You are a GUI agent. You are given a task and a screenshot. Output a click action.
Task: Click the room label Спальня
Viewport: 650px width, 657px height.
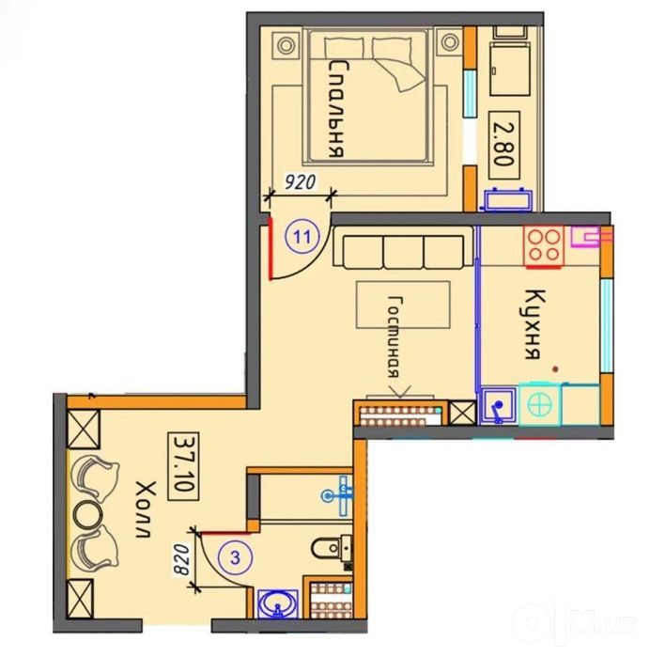338,109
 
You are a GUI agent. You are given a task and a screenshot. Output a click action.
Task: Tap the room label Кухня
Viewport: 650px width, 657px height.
534,324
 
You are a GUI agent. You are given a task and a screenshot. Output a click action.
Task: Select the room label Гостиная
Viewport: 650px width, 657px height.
395,337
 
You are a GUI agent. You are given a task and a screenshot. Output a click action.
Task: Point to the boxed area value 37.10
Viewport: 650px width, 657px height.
183,466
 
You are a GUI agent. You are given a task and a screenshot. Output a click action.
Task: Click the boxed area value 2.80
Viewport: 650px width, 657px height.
504,145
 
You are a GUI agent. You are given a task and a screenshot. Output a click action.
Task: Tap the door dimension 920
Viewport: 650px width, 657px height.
300,182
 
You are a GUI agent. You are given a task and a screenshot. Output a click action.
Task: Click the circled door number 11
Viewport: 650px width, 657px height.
302,236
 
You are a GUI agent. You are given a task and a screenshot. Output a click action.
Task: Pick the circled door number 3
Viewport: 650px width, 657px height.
236,558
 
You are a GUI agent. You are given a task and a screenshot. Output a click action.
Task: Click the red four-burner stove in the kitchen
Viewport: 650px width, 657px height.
544,246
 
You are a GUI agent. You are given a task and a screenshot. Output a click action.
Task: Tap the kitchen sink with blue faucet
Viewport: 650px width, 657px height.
498,406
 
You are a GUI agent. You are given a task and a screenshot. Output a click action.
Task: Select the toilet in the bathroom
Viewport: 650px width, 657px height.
332,548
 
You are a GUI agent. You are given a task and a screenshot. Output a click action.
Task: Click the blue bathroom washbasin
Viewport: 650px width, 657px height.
278,603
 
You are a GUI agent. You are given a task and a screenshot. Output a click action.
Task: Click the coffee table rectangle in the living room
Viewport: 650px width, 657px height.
403,305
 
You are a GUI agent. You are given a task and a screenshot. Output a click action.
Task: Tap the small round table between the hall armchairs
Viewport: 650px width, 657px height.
87,515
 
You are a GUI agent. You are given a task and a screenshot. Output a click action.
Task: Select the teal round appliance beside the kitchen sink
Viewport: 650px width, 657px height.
539,405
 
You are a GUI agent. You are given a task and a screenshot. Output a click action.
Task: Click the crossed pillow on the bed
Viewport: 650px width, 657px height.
398,64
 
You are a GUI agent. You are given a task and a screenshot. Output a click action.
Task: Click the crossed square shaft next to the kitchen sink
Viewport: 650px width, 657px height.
462,413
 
